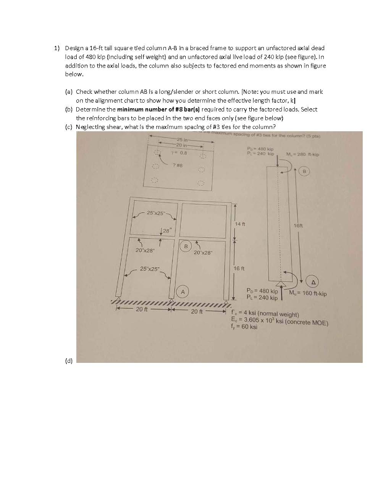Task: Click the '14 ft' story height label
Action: [240, 224]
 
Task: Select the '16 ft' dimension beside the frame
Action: [240, 269]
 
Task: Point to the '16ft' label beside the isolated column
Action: [298, 225]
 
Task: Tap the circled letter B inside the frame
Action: [186, 245]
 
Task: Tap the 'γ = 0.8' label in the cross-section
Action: [179, 152]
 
